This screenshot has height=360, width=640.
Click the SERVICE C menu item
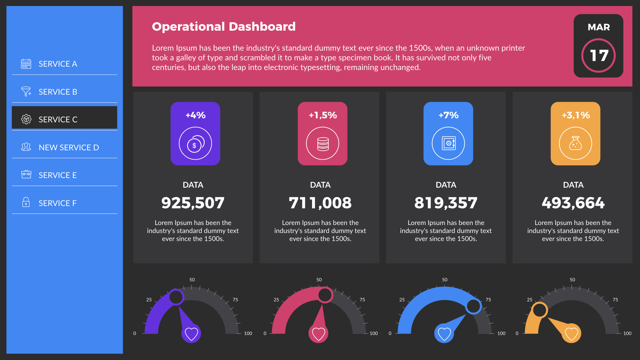click(x=64, y=119)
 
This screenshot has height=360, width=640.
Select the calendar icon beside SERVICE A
click(x=26, y=64)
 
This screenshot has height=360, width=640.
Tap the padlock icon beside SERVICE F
click(x=26, y=202)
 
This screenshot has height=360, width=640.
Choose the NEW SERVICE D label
click(x=69, y=147)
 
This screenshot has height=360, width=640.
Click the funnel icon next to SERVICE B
click(x=26, y=91)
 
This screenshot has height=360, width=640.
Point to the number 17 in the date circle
click(x=599, y=56)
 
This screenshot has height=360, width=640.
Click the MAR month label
click(x=599, y=27)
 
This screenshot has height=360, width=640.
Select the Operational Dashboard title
click(x=224, y=27)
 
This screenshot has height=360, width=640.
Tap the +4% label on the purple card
click(x=195, y=115)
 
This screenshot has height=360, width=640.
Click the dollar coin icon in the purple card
click(x=195, y=144)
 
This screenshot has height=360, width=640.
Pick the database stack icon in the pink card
click(x=323, y=144)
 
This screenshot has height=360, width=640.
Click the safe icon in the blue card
click(x=448, y=143)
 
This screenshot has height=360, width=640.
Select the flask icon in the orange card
click(x=575, y=143)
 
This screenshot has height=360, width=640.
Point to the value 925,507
click(x=193, y=203)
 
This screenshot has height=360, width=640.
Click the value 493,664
click(x=573, y=203)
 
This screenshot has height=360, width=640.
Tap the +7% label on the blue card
click(x=448, y=115)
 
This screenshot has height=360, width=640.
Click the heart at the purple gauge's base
click(x=191, y=333)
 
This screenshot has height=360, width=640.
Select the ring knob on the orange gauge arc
click(x=540, y=310)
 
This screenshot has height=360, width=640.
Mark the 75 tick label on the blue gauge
click(x=488, y=300)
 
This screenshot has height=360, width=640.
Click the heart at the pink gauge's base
click(x=318, y=333)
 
